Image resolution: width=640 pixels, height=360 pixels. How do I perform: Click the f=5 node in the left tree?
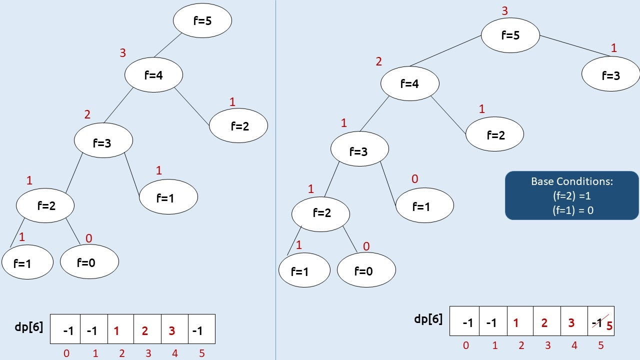click(x=202, y=21)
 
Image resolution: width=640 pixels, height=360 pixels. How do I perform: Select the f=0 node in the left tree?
click(x=89, y=261)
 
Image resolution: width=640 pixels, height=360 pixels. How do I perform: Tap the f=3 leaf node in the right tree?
click(x=610, y=75)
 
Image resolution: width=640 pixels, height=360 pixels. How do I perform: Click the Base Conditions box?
click(x=571, y=195)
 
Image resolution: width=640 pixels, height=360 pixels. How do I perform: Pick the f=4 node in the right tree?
click(x=409, y=84)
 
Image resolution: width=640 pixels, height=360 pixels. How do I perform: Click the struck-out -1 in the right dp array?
click(x=596, y=322)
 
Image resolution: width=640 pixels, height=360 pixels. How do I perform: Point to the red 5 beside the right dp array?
click(x=609, y=326)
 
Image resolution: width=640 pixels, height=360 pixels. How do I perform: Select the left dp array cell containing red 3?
click(x=172, y=330)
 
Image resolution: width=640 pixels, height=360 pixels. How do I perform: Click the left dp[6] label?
click(x=29, y=327)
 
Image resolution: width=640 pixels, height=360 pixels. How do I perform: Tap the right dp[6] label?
click(x=428, y=319)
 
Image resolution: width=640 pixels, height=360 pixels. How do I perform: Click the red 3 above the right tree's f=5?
click(x=504, y=11)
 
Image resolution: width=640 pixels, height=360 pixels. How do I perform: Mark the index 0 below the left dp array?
click(x=66, y=353)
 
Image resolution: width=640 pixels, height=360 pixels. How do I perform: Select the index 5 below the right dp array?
click(x=601, y=345)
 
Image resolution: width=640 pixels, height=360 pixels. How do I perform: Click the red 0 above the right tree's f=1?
click(x=414, y=179)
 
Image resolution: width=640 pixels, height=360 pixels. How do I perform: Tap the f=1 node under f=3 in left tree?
click(x=168, y=197)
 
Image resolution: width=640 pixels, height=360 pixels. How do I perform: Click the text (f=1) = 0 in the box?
click(x=572, y=210)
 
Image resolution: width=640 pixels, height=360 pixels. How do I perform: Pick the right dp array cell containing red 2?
click(x=544, y=322)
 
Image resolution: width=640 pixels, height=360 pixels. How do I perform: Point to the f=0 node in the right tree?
click(x=366, y=270)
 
